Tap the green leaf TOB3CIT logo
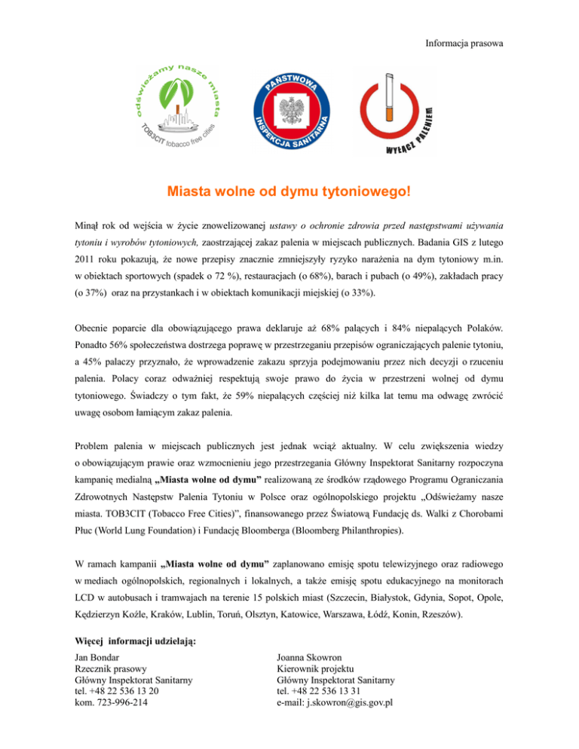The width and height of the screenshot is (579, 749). (x=178, y=105)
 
